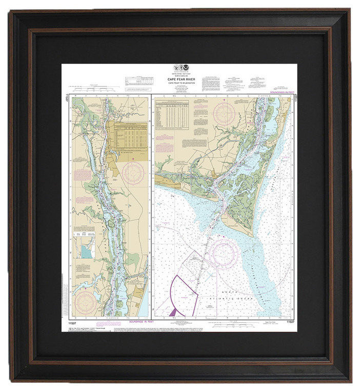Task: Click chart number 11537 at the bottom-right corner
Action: (x=290, y=322)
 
